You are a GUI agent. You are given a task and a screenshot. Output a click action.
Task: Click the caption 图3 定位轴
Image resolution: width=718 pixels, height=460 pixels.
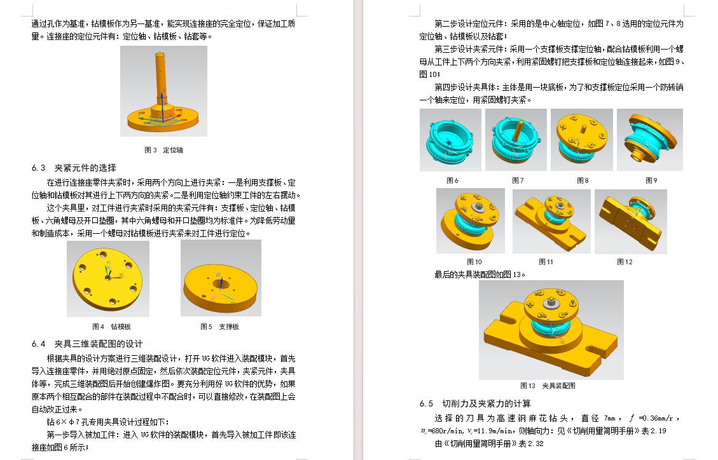tap(163, 151)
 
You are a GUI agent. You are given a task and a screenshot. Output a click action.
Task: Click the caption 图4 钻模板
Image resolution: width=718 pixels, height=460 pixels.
tap(111, 327)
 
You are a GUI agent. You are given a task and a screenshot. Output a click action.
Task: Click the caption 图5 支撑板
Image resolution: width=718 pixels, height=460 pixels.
tap(219, 327)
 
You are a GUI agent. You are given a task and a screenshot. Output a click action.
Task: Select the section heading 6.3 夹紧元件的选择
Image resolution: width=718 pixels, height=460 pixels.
tap(74, 168)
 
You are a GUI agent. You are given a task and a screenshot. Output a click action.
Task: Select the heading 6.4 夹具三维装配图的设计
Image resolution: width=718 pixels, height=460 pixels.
tap(87, 344)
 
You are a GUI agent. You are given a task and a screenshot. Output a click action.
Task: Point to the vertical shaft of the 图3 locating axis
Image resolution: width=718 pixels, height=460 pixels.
tap(159, 72)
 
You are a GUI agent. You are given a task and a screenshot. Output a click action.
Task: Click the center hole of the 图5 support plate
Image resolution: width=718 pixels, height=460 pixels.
tap(221, 283)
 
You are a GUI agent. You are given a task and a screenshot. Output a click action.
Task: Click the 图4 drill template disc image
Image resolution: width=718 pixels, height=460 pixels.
tap(108, 278)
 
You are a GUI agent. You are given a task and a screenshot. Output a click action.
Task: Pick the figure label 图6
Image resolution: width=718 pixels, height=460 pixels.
tap(452, 180)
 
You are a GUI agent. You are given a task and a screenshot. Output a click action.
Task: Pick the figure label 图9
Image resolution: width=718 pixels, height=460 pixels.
tap(651, 180)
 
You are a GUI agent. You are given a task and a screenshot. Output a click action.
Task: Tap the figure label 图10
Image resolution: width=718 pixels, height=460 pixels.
tap(474, 262)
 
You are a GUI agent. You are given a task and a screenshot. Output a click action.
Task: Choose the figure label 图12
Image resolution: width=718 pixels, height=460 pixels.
tap(625, 262)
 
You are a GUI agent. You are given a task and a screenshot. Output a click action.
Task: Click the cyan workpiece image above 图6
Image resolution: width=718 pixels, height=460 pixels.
tap(450, 140)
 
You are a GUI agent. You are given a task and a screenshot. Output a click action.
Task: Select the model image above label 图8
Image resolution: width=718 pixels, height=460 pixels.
tap(581, 140)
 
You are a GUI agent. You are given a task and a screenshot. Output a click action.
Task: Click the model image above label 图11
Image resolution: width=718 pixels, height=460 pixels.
tap(551, 220)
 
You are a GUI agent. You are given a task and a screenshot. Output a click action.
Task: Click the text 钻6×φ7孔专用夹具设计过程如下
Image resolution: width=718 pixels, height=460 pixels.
tap(99, 422)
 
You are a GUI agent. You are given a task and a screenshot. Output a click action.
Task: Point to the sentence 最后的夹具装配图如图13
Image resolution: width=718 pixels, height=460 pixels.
tap(481, 274)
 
